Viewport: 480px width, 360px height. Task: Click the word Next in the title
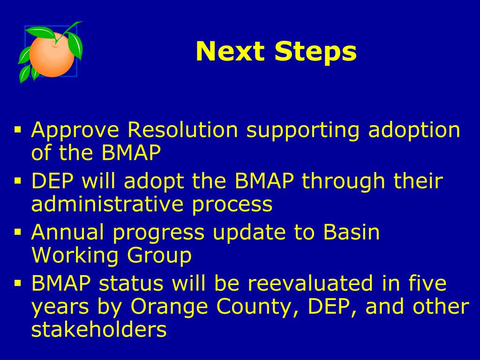[230, 52]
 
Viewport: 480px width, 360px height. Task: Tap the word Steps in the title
[315, 52]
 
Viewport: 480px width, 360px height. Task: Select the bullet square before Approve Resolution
[18, 130]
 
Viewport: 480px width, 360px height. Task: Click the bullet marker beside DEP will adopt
[18, 181]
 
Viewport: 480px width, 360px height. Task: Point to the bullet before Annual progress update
[18, 232]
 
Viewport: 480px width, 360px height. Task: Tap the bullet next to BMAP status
[18, 283]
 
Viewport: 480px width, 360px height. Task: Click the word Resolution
[182, 129]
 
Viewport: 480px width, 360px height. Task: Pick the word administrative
[107, 203]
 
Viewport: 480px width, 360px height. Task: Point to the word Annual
[67, 232]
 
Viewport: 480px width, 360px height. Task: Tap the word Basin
[352, 232]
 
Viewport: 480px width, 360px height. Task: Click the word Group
[159, 256]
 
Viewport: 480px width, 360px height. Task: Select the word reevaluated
[310, 283]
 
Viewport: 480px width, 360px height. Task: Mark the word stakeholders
[99, 330]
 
